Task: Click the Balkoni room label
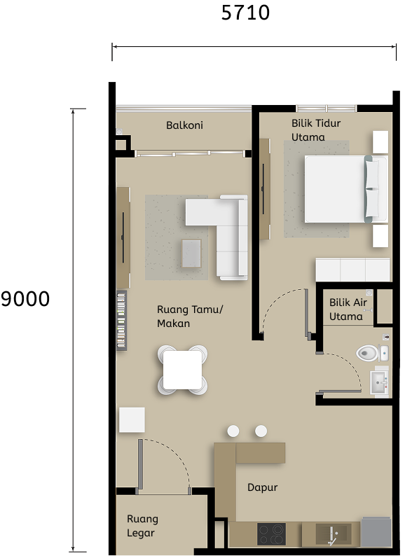(x=184, y=125)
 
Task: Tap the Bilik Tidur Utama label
(x=316, y=130)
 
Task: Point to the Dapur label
(x=262, y=487)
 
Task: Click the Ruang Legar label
(x=142, y=526)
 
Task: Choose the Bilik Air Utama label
(x=348, y=310)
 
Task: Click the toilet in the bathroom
(x=368, y=354)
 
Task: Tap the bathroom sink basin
(x=379, y=383)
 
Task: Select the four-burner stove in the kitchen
(x=271, y=534)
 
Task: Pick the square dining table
(x=183, y=369)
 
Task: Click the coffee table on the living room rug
(x=191, y=253)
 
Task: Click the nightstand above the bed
(x=380, y=142)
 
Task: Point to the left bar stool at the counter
(x=233, y=431)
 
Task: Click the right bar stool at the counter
(x=261, y=431)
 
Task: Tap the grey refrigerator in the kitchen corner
(x=376, y=532)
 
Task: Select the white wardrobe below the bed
(x=352, y=270)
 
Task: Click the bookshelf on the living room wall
(x=122, y=319)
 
